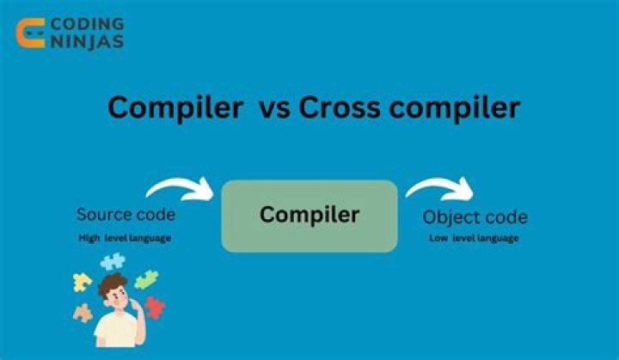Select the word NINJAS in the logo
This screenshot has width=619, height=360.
(x=86, y=41)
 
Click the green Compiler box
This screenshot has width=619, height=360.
(x=309, y=215)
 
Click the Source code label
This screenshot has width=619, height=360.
(x=126, y=215)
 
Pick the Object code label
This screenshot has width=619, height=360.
(x=476, y=217)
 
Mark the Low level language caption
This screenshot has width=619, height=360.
(x=474, y=238)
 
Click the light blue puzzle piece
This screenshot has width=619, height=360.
(x=113, y=261)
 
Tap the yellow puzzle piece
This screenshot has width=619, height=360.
(x=83, y=281)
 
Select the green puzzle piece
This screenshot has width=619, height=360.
(x=146, y=279)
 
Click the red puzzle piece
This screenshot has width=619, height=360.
(x=154, y=307)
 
